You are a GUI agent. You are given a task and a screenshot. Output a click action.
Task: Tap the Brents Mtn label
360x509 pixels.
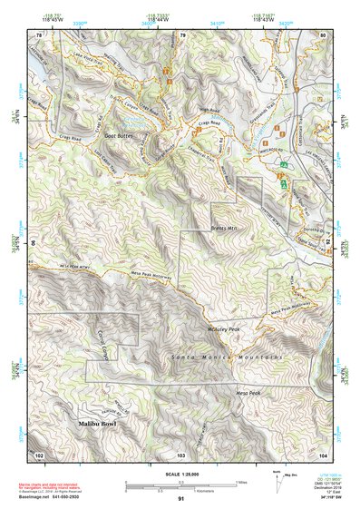tap(222, 229)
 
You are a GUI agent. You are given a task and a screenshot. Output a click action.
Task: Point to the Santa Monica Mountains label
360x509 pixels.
tap(228, 359)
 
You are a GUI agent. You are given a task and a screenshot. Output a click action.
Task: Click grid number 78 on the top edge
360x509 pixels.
tap(39, 35)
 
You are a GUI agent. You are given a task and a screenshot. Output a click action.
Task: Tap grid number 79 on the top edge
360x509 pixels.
tap(182, 35)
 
